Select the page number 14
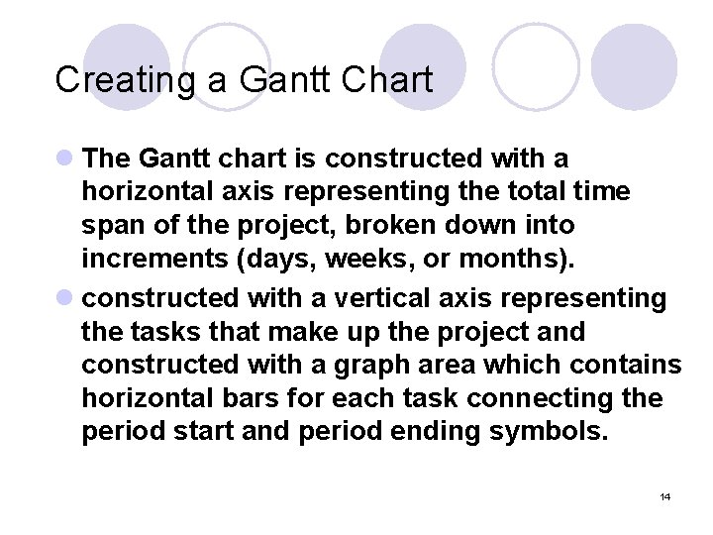(664, 496)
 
